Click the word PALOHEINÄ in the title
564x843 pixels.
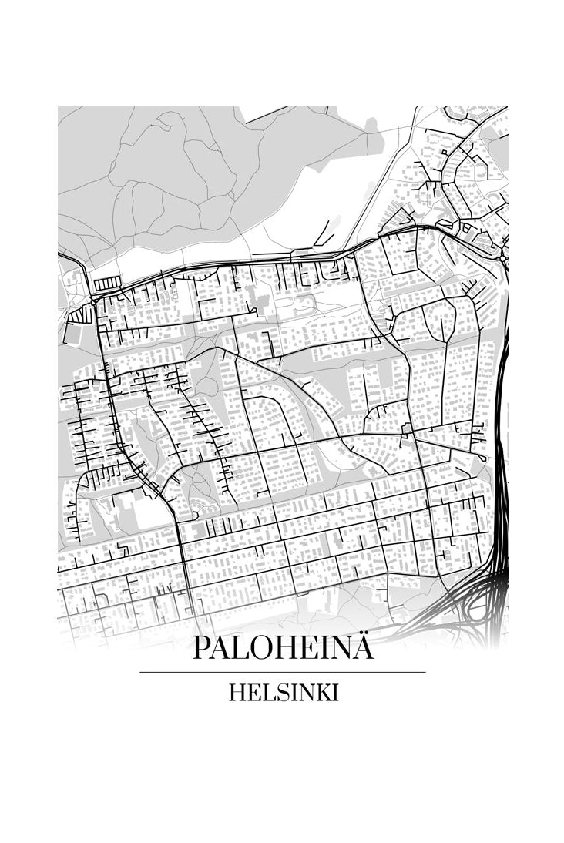pos(283,647)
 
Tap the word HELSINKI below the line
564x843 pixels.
pos(283,693)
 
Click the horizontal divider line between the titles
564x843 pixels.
pos(283,672)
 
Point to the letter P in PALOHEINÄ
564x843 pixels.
pos(202,647)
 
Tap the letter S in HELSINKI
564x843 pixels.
pos(276,693)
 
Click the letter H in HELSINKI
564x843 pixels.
pos(236,693)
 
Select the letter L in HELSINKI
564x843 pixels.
pos(264,693)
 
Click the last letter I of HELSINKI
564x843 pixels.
pos(334,693)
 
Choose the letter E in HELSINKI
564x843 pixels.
pos(251,693)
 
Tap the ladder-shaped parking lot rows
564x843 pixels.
pos(105,284)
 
